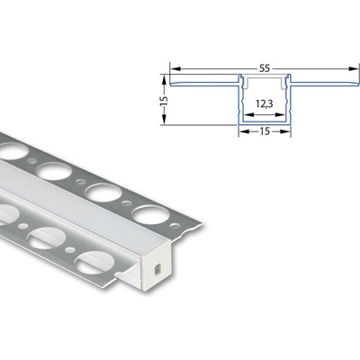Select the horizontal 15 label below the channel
(x=265, y=141)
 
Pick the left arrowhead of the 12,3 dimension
(x=245, y=115)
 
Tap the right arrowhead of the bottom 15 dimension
(x=291, y=130)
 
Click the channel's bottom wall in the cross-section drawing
(x=265, y=123)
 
